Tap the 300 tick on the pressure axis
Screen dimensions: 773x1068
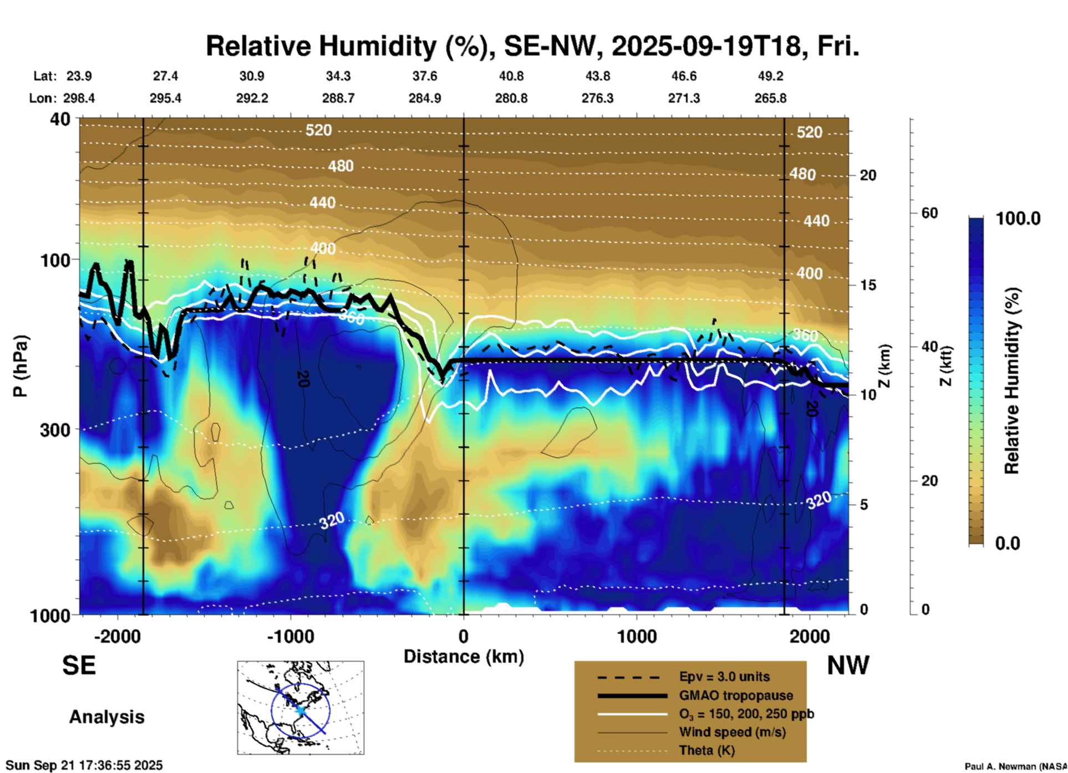55,430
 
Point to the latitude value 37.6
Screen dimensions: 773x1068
425,76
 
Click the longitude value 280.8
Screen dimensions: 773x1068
511,98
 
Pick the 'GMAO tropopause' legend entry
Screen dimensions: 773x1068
736,695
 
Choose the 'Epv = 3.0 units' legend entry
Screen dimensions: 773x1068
724,677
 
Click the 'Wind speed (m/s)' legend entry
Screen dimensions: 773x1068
732,732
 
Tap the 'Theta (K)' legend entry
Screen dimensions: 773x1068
706,750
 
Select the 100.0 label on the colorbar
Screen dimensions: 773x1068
1018,218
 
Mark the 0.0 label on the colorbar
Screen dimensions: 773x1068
1008,543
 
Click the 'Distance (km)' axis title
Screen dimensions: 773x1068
464,657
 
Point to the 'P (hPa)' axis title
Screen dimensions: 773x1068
21,366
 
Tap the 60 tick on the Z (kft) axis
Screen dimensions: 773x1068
929,213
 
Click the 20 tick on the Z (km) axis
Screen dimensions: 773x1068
868,175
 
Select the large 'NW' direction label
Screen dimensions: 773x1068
848,665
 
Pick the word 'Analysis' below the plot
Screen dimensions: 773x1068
106,716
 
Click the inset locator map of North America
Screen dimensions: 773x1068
301,708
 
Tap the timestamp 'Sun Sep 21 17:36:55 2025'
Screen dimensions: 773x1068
84,765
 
